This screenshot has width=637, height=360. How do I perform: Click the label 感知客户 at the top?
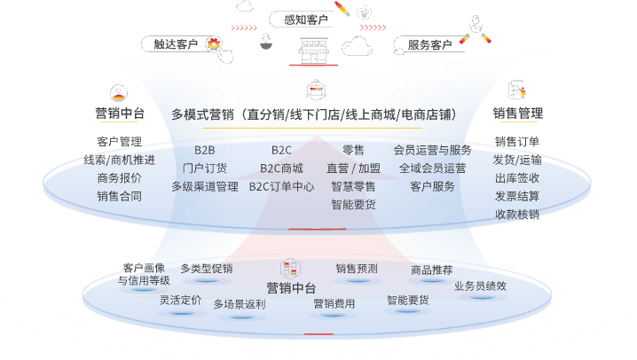coord(304,20)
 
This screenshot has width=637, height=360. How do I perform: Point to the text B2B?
coord(204,150)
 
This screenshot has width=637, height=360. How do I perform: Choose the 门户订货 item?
coord(204,168)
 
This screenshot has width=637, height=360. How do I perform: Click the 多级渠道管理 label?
coord(204,186)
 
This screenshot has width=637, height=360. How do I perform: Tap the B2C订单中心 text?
coord(281,186)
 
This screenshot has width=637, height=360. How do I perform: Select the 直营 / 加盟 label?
coord(353,168)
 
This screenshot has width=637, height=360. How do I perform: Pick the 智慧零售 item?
coord(353,186)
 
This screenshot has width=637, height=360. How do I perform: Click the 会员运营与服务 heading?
coord(432,150)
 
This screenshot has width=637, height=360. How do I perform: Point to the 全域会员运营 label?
coord(432,168)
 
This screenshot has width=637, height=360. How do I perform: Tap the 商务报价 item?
coord(119,177)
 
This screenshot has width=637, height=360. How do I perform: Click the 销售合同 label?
coord(119,196)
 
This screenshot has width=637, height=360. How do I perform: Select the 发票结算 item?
coord(517,196)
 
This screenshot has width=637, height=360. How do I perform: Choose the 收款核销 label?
coord(517,214)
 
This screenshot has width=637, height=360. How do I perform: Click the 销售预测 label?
coord(356,268)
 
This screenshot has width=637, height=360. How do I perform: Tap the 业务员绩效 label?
coord(480,286)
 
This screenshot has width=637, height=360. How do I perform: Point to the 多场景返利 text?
coord(239,304)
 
